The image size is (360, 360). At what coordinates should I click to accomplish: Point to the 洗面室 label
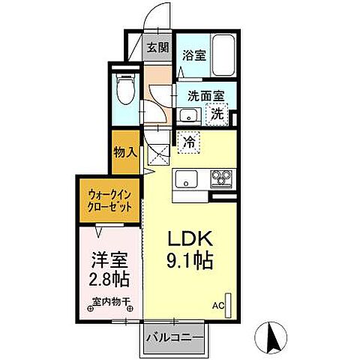pyautogui.click(x=199, y=95)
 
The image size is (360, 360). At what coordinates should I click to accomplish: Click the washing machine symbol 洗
pyautogui.click(x=217, y=115)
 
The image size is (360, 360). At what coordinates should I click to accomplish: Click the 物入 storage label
pyautogui.click(x=124, y=152)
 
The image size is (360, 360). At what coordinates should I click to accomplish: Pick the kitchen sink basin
pyautogui.click(x=186, y=180)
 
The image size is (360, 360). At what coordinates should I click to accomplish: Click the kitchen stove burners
pyautogui.click(x=221, y=178)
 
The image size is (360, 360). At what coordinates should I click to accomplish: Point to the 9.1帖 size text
pyautogui.click(x=190, y=262)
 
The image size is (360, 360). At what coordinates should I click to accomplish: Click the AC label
pyautogui.click(x=217, y=306)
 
